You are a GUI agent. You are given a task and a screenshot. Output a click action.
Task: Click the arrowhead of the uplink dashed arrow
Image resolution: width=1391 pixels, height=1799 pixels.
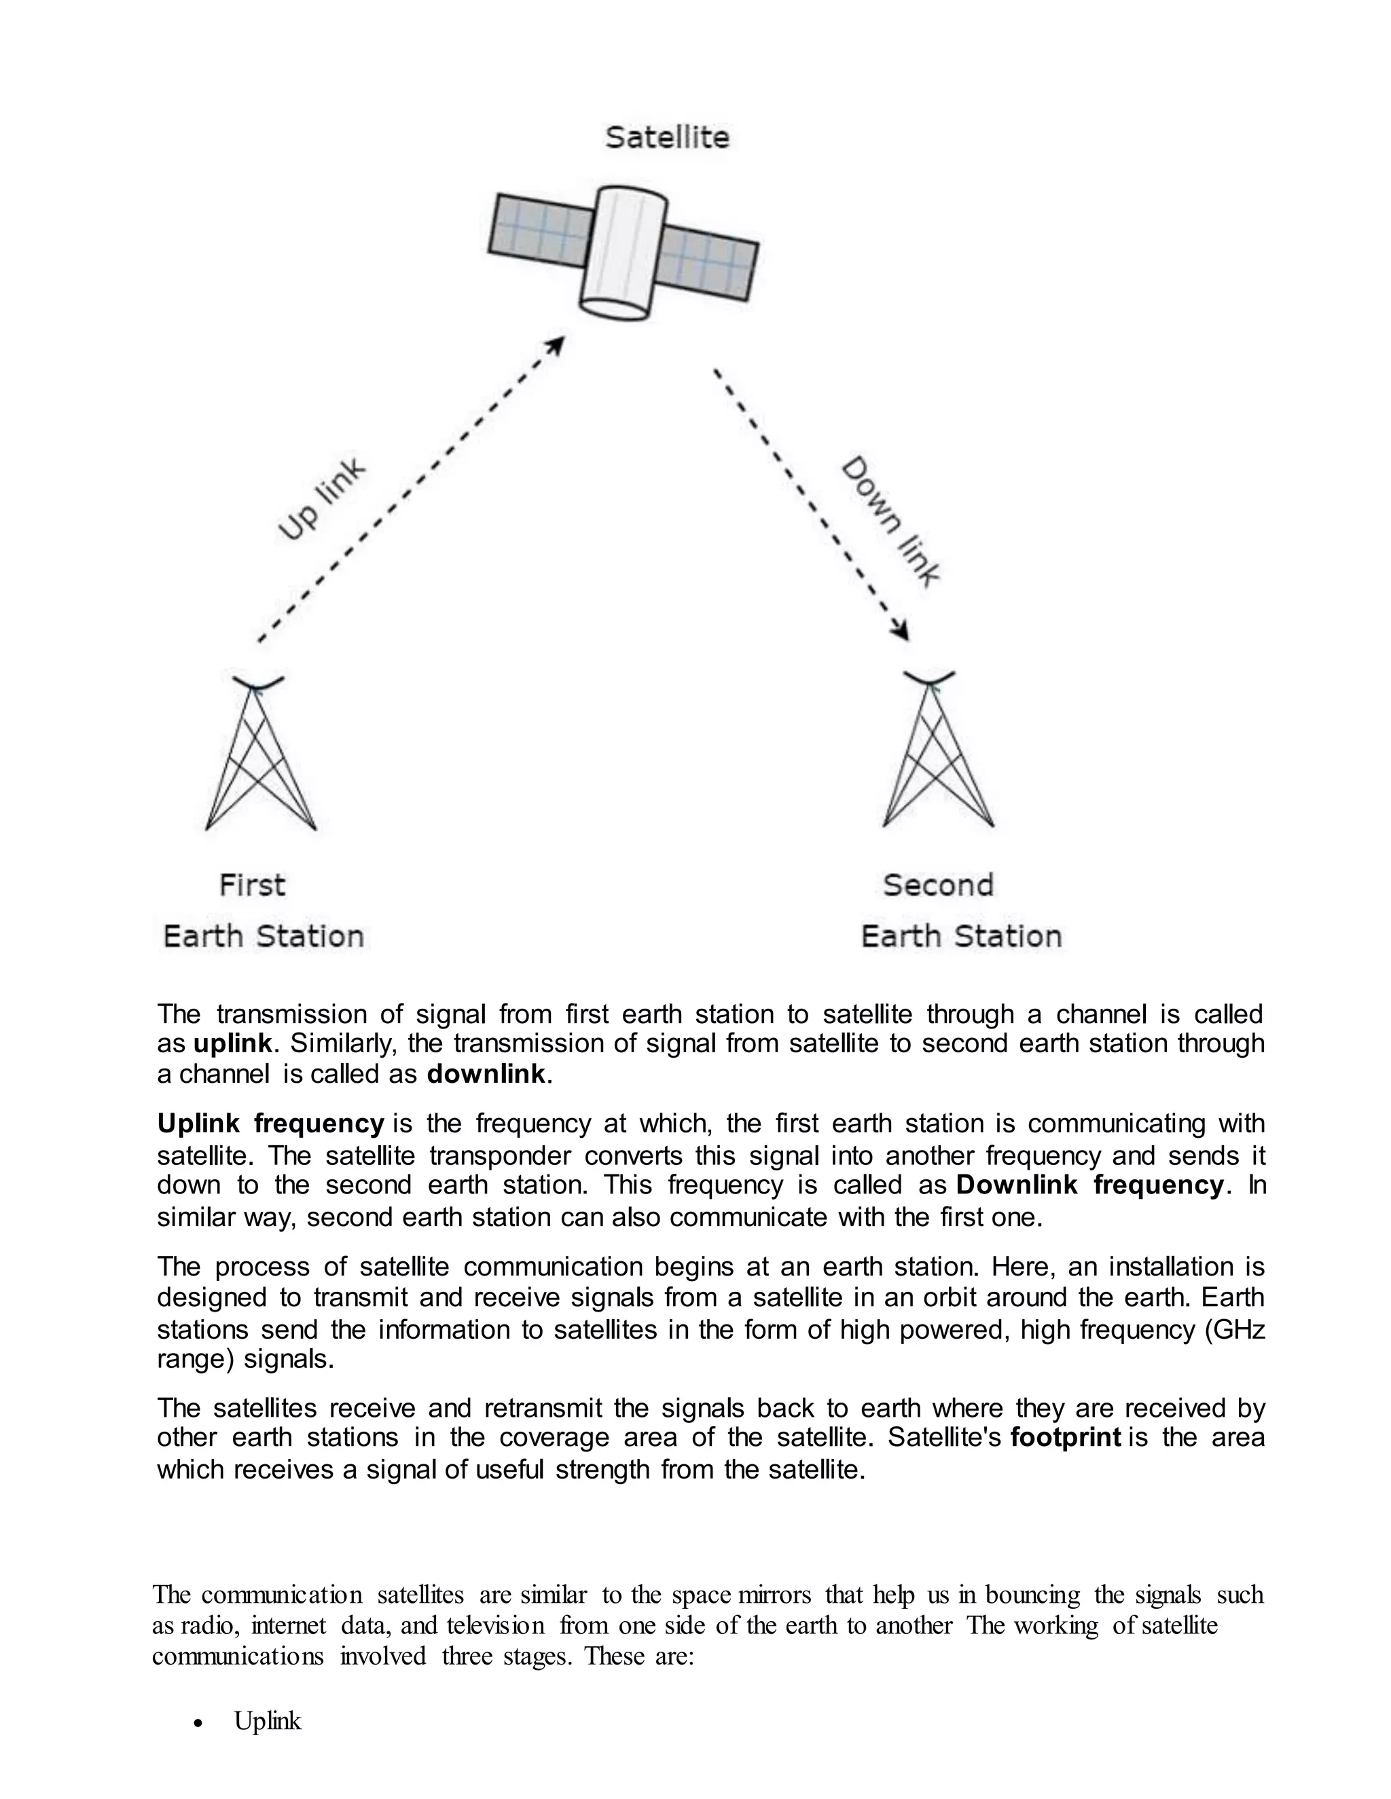557,344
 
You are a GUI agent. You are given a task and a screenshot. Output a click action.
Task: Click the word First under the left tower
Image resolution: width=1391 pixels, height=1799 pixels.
251,885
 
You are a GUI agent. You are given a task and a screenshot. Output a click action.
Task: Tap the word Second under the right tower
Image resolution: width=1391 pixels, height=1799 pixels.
938,885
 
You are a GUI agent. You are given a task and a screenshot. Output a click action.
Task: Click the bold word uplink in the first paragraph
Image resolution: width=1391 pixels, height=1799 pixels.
232,1043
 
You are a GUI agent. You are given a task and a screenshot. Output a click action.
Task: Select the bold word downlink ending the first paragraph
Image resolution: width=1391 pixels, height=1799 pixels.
486,1074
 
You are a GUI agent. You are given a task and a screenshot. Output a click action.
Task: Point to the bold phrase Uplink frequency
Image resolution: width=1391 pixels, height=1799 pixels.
270,1124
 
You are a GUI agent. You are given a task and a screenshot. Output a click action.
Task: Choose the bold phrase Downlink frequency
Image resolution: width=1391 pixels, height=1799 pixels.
1089,1185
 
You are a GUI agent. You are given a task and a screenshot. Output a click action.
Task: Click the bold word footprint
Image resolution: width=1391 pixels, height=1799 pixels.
1066,1437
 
